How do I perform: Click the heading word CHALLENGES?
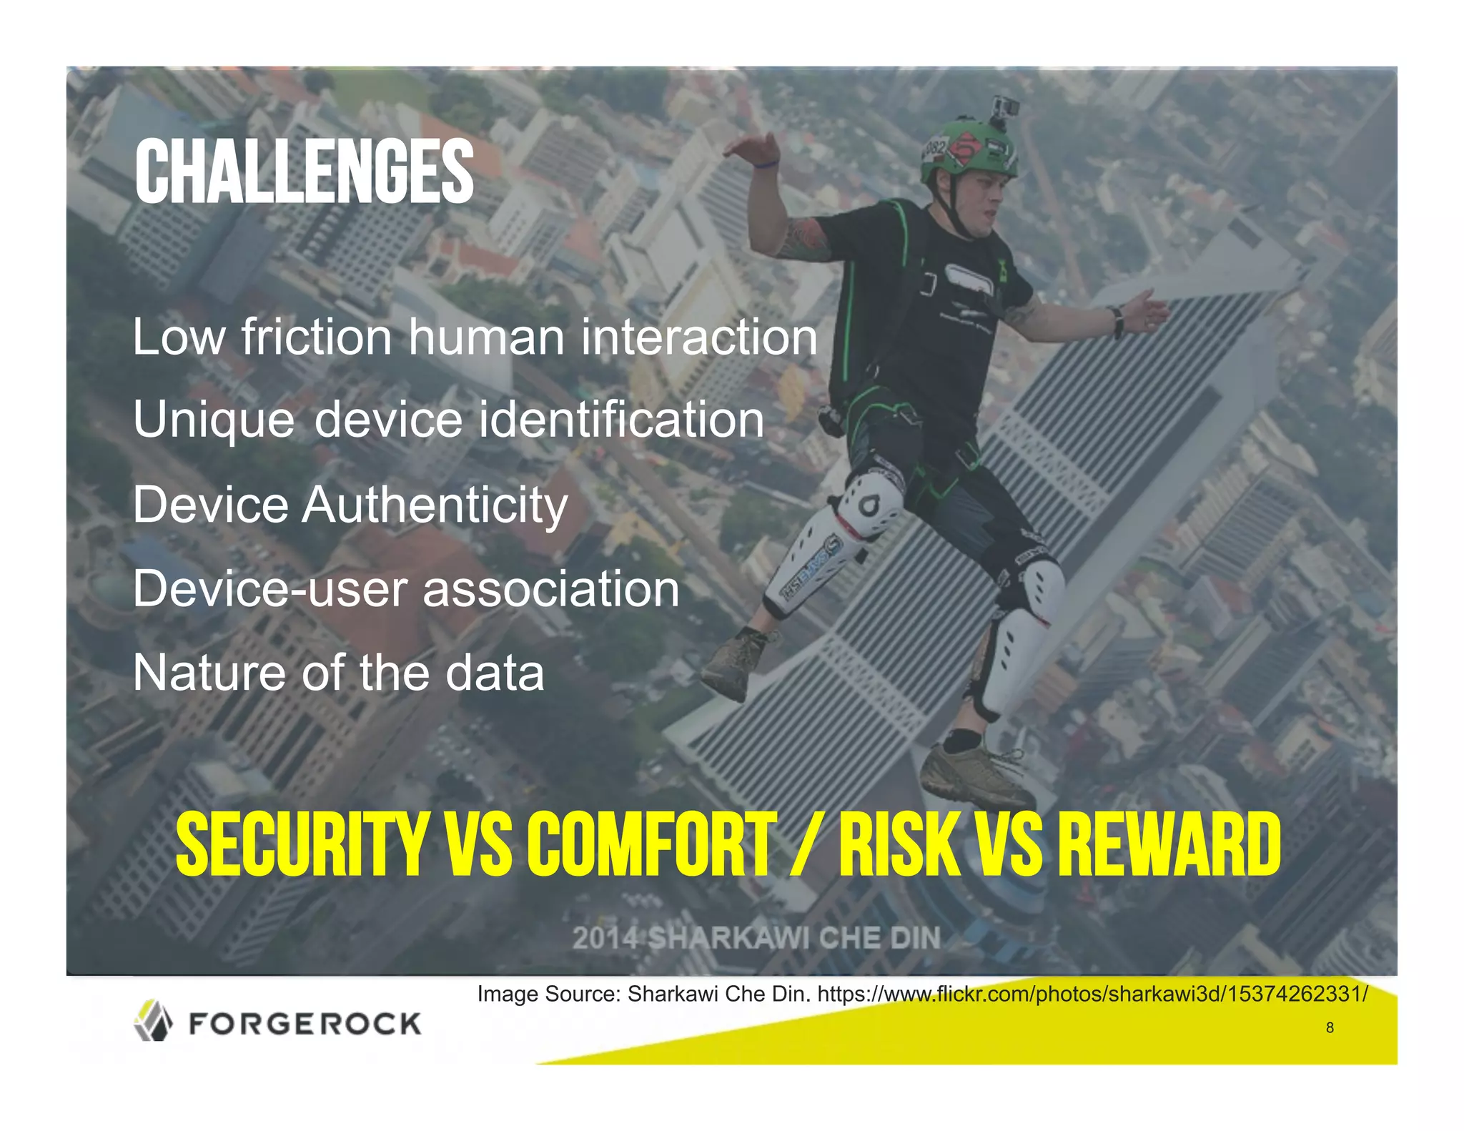point(304,172)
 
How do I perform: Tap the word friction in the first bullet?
point(316,337)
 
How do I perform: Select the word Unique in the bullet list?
point(213,420)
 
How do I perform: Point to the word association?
point(550,590)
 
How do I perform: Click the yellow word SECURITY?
point(301,844)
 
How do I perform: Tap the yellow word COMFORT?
point(651,844)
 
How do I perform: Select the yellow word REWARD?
point(1169,844)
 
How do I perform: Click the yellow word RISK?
point(899,844)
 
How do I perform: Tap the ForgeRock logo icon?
point(153,1020)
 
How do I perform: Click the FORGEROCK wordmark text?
point(305,1024)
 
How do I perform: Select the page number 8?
point(1330,1027)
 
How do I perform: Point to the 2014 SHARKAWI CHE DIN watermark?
point(756,938)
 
